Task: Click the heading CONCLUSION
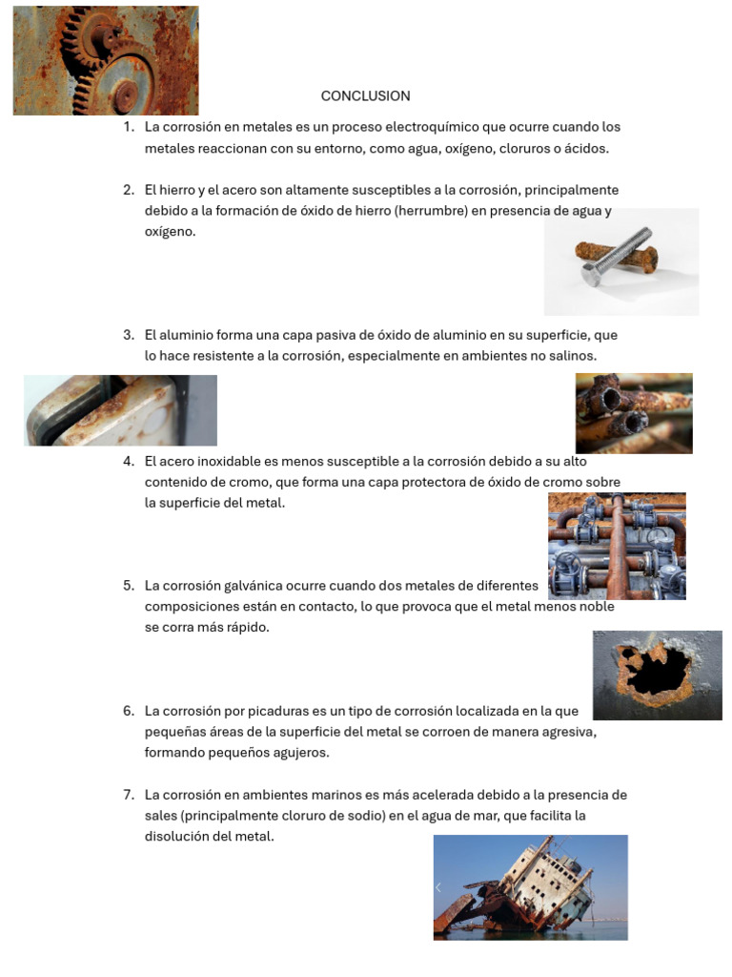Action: (365, 96)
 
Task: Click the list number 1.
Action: (129, 127)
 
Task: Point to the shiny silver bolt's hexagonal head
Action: (591, 274)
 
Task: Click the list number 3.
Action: (129, 335)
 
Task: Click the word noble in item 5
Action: (597, 606)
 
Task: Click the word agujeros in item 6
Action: (302, 753)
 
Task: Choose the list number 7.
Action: (129, 795)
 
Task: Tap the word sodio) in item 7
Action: (365, 816)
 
